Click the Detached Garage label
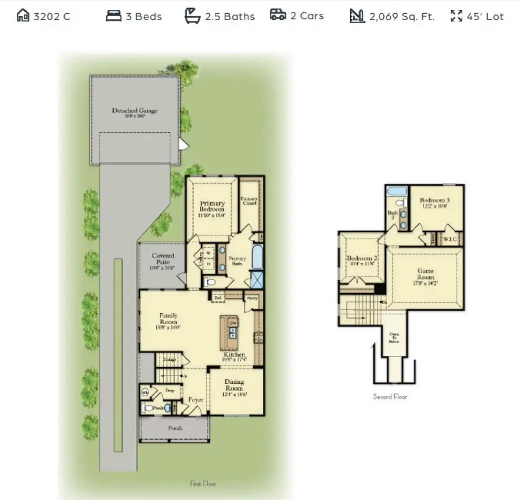pyautogui.click(x=134, y=110)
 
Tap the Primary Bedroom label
pyautogui.click(x=212, y=207)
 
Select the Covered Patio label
pyautogui.click(x=163, y=260)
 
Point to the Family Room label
pyautogui.click(x=168, y=320)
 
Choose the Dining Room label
pyautogui.click(x=234, y=386)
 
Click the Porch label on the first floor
pyautogui.click(x=175, y=428)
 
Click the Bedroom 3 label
pyautogui.click(x=434, y=201)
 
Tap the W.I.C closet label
pyautogui.click(x=450, y=238)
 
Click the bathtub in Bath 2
pyautogui.click(x=397, y=191)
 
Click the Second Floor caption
pyautogui.click(x=390, y=397)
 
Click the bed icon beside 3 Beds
pyautogui.click(x=114, y=16)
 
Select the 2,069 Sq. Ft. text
pyautogui.click(x=402, y=17)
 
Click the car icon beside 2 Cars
pyautogui.click(x=278, y=15)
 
